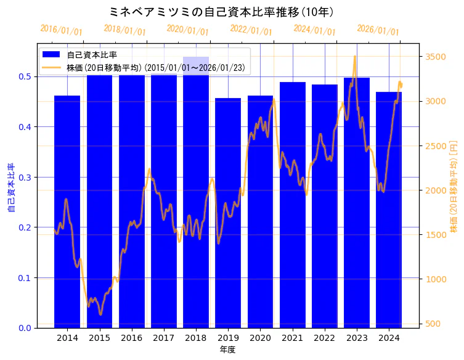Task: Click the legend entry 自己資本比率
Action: (x=92, y=55)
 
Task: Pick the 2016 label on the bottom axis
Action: (x=131, y=338)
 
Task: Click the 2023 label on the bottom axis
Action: (x=357, y=338)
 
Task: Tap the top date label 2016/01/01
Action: (x=61, y=30)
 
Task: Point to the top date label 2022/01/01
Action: (x=251, y=30)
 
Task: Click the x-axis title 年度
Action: (x=227, y=350)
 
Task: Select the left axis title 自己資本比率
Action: (x=11, y=188)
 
